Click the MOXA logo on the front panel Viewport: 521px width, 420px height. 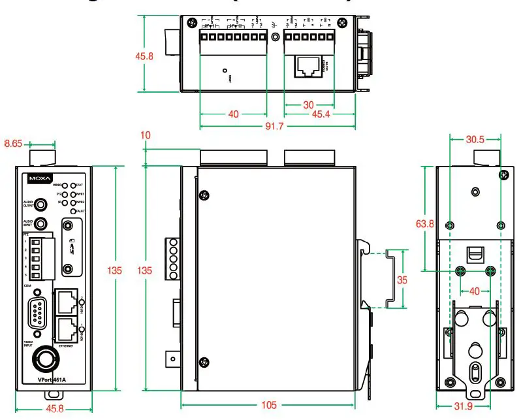click(37, 177)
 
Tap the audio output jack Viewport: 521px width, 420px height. click(41, 204)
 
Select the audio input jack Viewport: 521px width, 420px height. click(41, 224)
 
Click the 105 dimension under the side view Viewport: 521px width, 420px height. click(268, 406)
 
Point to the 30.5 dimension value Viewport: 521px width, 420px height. click(475, 140)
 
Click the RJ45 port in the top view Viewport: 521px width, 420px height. click(308, 66)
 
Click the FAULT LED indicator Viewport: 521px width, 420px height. click(73, 212)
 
